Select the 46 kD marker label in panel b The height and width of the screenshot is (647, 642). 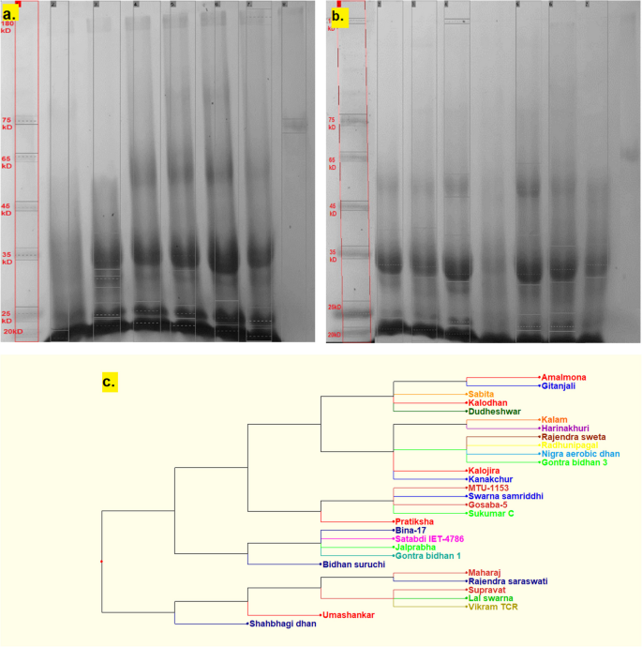coord(332,207)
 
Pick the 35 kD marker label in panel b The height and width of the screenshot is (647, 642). coord(332,255)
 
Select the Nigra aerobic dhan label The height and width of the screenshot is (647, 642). coord(580,454)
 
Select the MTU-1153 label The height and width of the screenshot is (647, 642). coord(492,488)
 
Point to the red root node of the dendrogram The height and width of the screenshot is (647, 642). coord(101,561)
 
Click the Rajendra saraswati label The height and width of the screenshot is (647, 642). coord(508,581)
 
